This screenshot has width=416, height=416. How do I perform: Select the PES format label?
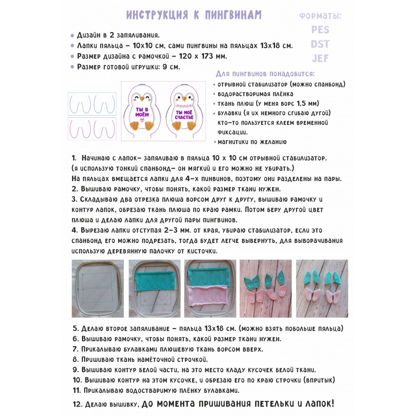coord(320,30)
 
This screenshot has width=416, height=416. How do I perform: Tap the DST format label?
coord(320,44)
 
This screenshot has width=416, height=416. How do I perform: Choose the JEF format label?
coord(320,58)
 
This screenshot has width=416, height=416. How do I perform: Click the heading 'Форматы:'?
coord(320,16)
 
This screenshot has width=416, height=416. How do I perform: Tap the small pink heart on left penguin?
coord(142,120)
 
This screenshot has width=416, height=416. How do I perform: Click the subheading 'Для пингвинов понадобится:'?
coord(265,74)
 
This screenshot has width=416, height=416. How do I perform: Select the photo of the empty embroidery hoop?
coord(98,288)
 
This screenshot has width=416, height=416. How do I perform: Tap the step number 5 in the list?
coord(75,328)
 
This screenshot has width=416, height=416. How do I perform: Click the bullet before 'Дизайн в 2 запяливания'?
coord(72,36)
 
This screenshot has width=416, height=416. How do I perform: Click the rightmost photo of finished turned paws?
coord(322,288)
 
